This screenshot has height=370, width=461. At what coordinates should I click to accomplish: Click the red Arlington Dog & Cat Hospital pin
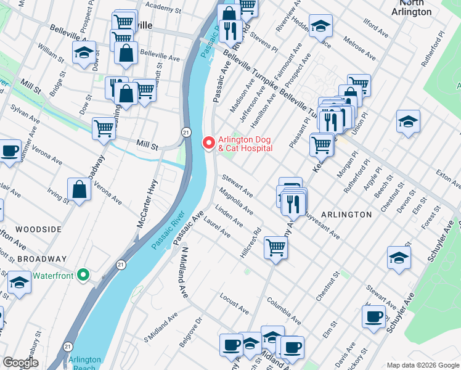coord(208,143)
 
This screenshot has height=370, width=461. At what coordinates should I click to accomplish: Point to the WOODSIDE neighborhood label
coord(38,229)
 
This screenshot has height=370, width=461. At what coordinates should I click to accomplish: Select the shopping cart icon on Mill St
coord(104,129)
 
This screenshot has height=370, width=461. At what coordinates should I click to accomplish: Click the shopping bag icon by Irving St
coord(80,190)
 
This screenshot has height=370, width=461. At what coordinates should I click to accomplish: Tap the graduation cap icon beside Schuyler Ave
coord(399,258)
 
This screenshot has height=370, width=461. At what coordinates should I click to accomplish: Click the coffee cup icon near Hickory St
coord(373,317)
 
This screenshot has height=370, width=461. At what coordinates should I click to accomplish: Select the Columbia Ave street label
coord(284,311)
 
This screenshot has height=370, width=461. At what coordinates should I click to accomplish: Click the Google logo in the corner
coord(20,363)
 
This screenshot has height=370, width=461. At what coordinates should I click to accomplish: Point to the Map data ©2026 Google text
coord(422,365)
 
